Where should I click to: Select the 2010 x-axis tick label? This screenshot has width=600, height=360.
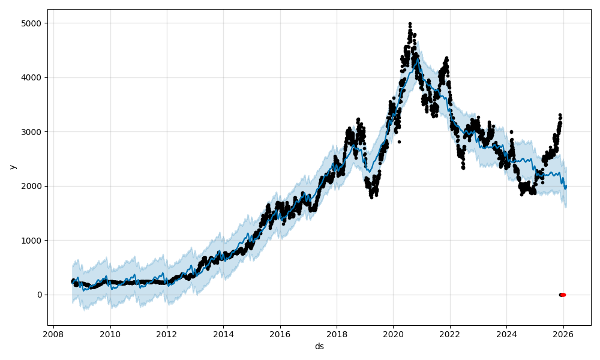pyautogui.click(x=110, y=334)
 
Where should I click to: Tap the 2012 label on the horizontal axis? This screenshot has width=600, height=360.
pyautogui.click(x=167, y=334)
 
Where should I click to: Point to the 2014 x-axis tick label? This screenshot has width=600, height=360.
pyautogui.click(x=223, y=334)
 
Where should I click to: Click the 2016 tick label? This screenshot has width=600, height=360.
pyautogui.click(x=280, y=334)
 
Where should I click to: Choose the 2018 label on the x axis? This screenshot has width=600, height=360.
pyautogui.click(x=337, y=334)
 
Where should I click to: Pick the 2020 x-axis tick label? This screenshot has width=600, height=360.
pyautogui.click(x=393, y=334)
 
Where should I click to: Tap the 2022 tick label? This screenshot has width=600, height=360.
pyautogui.click(x=450, y=334)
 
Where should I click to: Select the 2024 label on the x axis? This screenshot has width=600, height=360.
pyautogui.click(x=506, y=334)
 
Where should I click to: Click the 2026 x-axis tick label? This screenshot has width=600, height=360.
pyautogui.click(x=563, y=334)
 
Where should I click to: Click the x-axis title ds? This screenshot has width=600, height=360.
pyautogui.click(x=319, y=346)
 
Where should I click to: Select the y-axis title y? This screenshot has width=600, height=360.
pyautogui.click(x=11, y=167)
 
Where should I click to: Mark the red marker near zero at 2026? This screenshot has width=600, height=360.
pyautogui.click(x=563, y=295)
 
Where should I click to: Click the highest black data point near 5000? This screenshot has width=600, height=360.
pyautogui.click(x=410, y=23)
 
